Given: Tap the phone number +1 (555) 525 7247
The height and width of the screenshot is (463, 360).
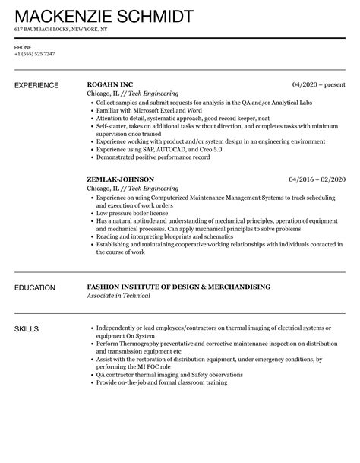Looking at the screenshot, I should click(36, 54).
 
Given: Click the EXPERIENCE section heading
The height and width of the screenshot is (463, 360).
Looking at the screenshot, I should click(39, 84).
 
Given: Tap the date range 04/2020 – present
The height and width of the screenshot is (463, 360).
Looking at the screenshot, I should click(318, 84).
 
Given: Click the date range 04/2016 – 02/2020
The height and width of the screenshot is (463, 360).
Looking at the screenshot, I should click(316, 179).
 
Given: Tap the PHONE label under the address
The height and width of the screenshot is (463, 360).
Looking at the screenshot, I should click(23, 46).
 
